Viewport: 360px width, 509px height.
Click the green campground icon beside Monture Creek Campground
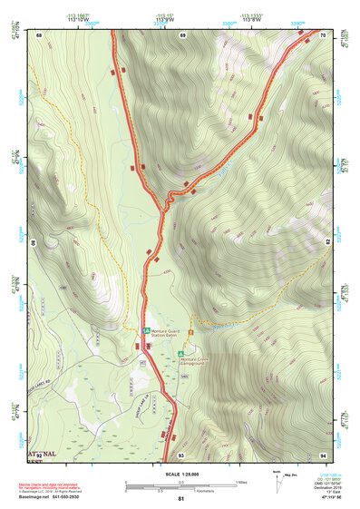(181, 352)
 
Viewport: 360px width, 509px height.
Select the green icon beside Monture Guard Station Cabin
(146, 332)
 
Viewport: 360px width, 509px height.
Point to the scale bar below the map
(180, 485)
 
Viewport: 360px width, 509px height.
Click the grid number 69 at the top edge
(182, 34)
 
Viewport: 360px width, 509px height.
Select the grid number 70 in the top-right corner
(324, 34)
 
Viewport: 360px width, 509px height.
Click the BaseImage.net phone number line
(51, 498)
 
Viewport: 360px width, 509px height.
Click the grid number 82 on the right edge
(326, 243)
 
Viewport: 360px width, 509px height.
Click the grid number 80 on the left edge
(35, 243)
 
